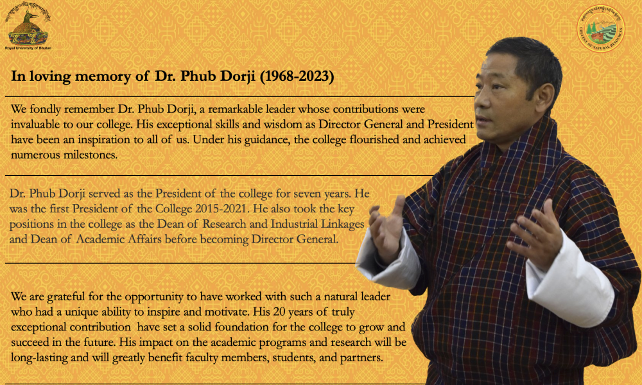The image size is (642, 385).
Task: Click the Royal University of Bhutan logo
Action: point(28,26)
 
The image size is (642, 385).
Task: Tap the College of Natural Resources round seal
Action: point(601,28)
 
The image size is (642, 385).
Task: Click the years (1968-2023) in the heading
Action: point(297,76)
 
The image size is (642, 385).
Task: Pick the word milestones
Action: point(90,155)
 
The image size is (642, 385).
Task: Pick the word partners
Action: point(361,358)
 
